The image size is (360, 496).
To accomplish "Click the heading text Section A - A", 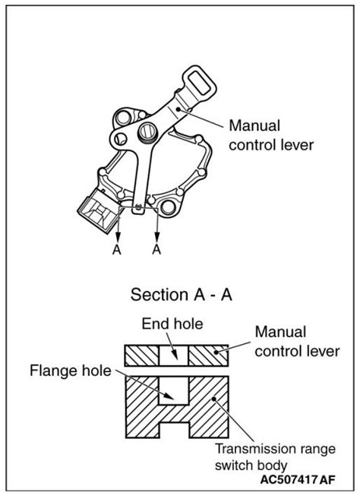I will [x=180, y=293].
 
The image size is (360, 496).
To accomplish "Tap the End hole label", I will [x=172, y=324].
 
